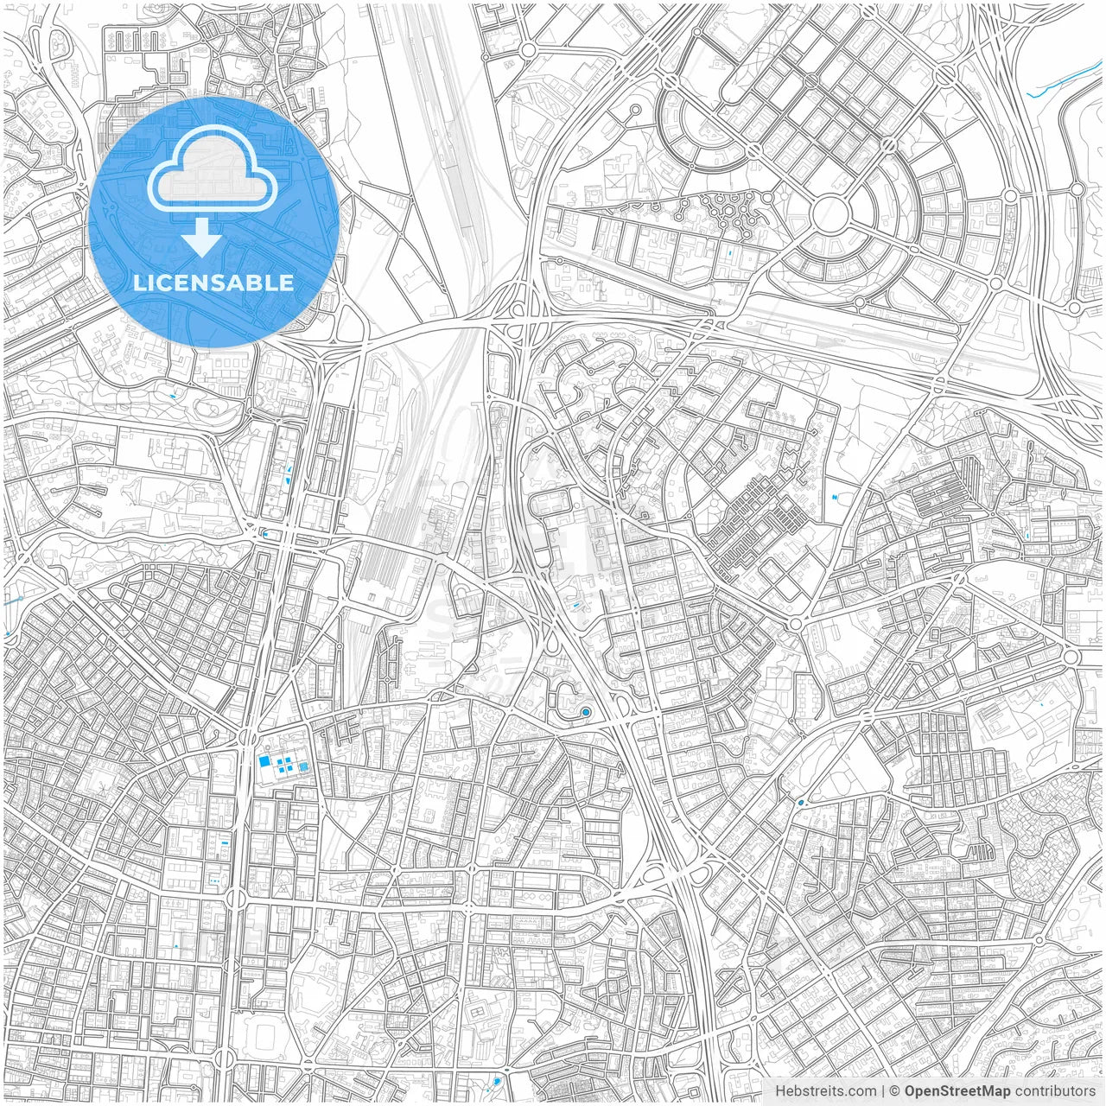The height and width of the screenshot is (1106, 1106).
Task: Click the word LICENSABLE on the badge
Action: (213, 283)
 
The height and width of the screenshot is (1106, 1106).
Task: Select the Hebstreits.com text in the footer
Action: (825, 1091)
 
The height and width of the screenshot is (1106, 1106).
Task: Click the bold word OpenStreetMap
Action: (957, 1091)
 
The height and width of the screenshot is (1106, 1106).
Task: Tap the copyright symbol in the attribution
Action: (895, 1091)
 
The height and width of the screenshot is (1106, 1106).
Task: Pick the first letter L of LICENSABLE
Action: (138, 283)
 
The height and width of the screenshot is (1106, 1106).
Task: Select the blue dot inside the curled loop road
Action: (586, 712)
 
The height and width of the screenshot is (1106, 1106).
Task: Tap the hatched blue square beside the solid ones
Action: (303, 766)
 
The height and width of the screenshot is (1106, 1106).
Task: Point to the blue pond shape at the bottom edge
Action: (496, 1081)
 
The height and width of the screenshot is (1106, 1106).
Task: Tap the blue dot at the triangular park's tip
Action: (801, 804)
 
